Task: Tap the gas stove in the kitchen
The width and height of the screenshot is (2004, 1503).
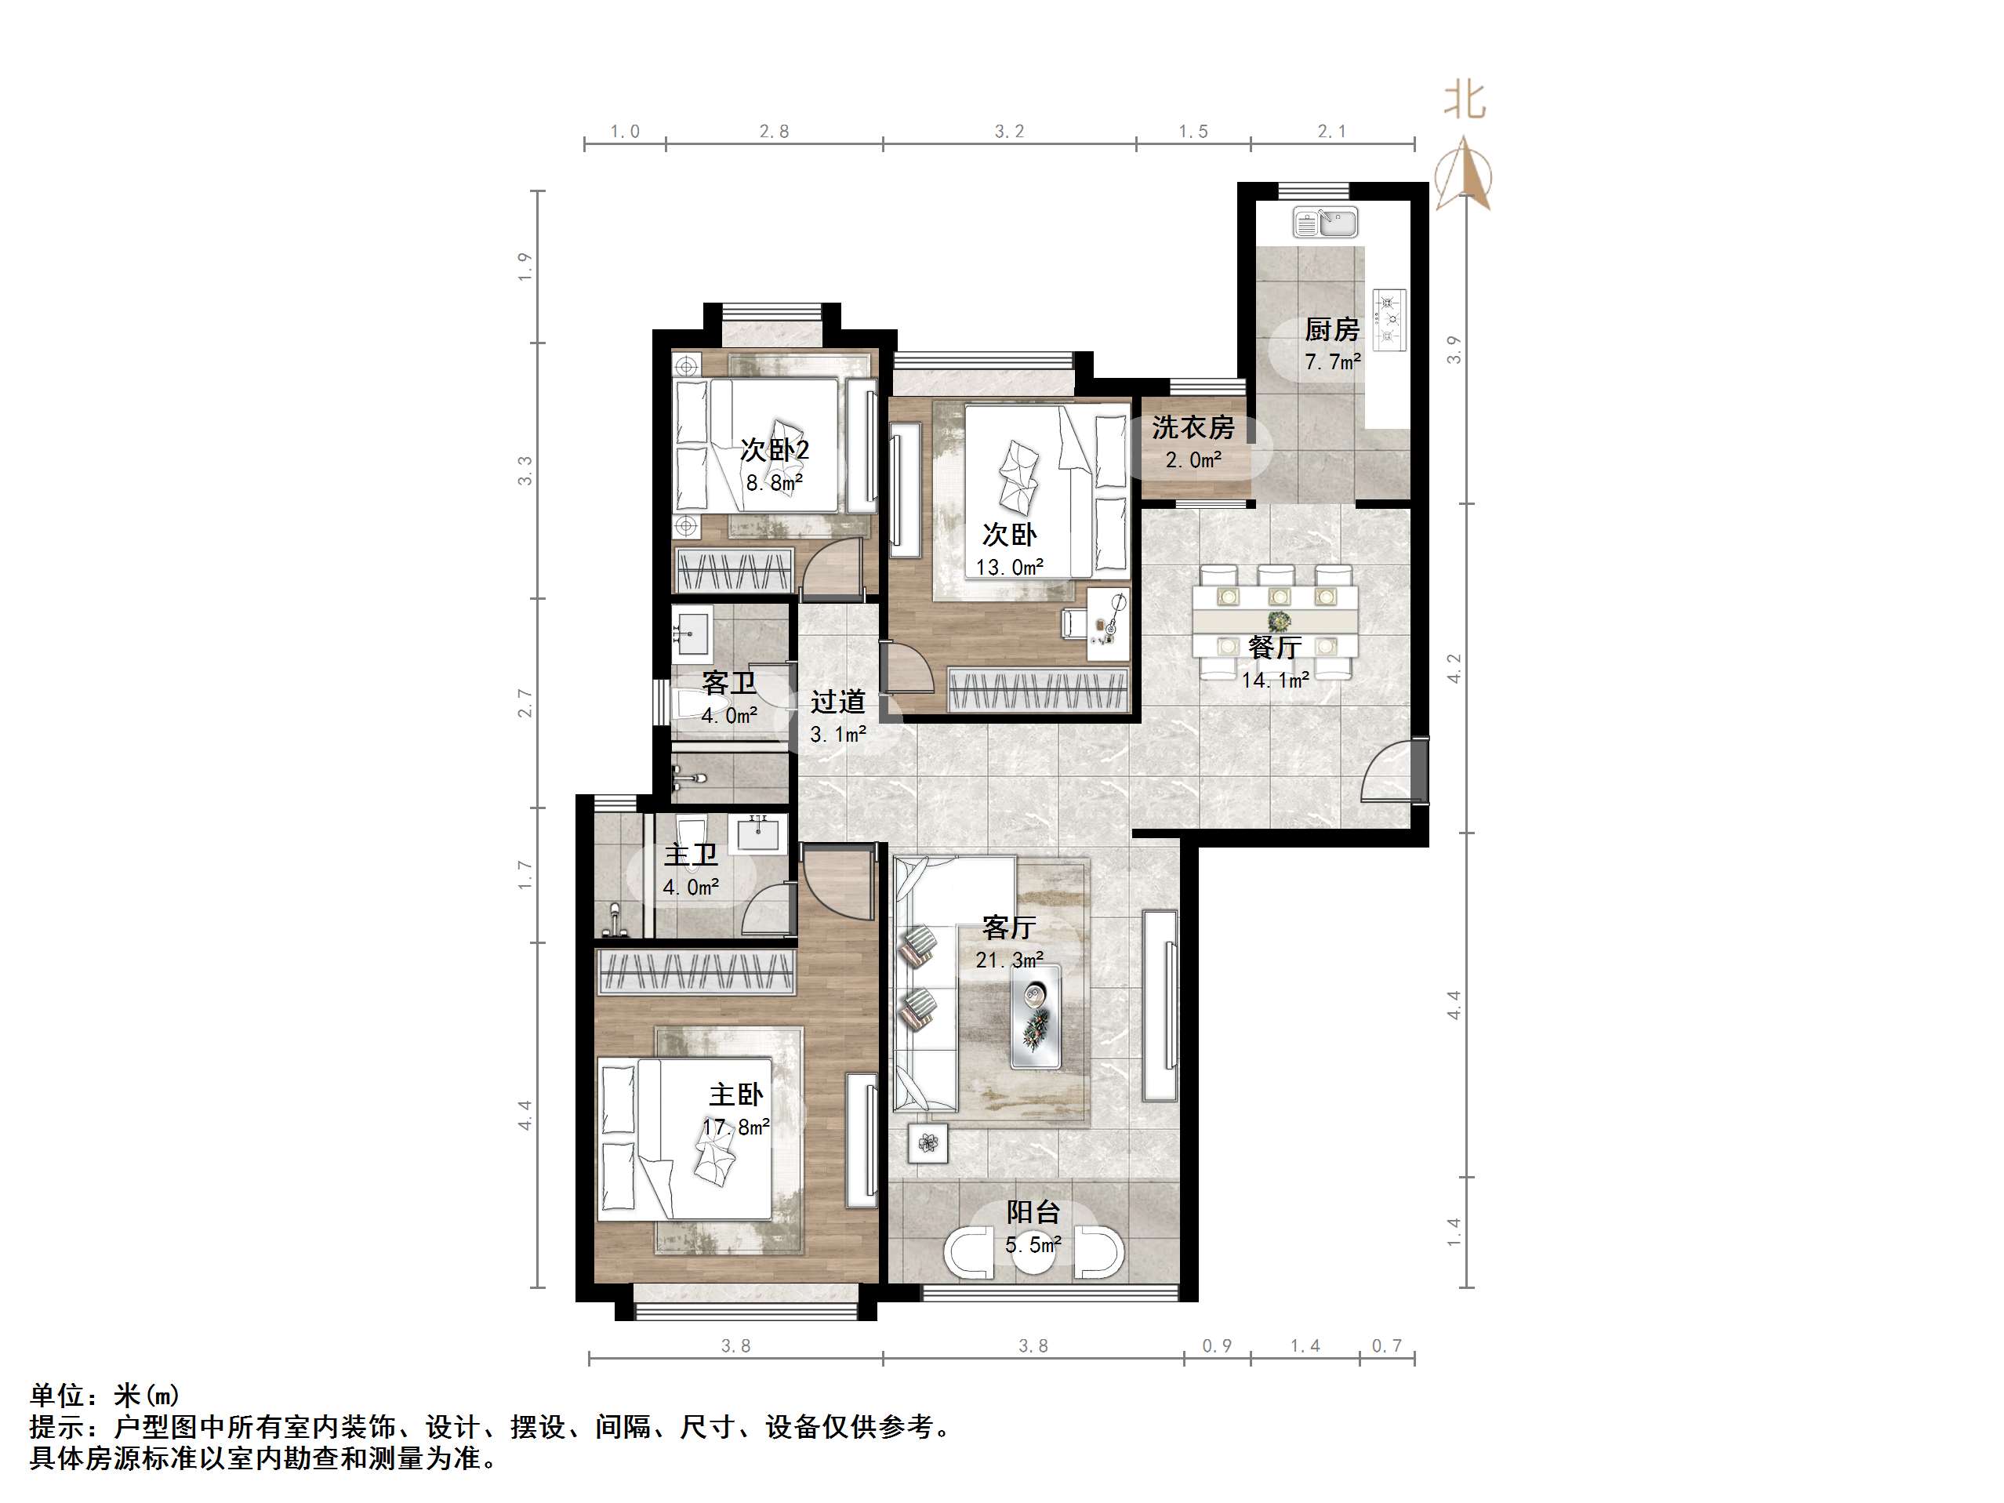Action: coord(1389,320)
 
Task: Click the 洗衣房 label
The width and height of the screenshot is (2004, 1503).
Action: coord(1193,427)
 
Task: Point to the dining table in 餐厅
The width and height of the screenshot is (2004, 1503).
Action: coord(1275,621)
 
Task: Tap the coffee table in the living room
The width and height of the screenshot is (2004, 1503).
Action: coord(1036,1015)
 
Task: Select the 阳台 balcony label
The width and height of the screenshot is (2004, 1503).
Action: coord(1033,1212)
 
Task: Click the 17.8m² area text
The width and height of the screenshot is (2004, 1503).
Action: coord(735,1127)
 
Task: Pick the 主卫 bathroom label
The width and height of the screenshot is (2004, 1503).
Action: coord(691,855)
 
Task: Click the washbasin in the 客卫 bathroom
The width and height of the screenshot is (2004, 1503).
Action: coord(692,631)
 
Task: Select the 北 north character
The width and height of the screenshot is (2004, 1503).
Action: coord(1464,100)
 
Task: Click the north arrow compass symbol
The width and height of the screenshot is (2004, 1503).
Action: coord(1463,175)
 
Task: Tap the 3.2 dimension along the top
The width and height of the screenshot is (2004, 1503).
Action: coord(1009,133)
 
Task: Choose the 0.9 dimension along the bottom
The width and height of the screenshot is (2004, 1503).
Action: coord(1217,1346)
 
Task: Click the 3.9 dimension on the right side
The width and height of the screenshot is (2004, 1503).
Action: coord(1454,350)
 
